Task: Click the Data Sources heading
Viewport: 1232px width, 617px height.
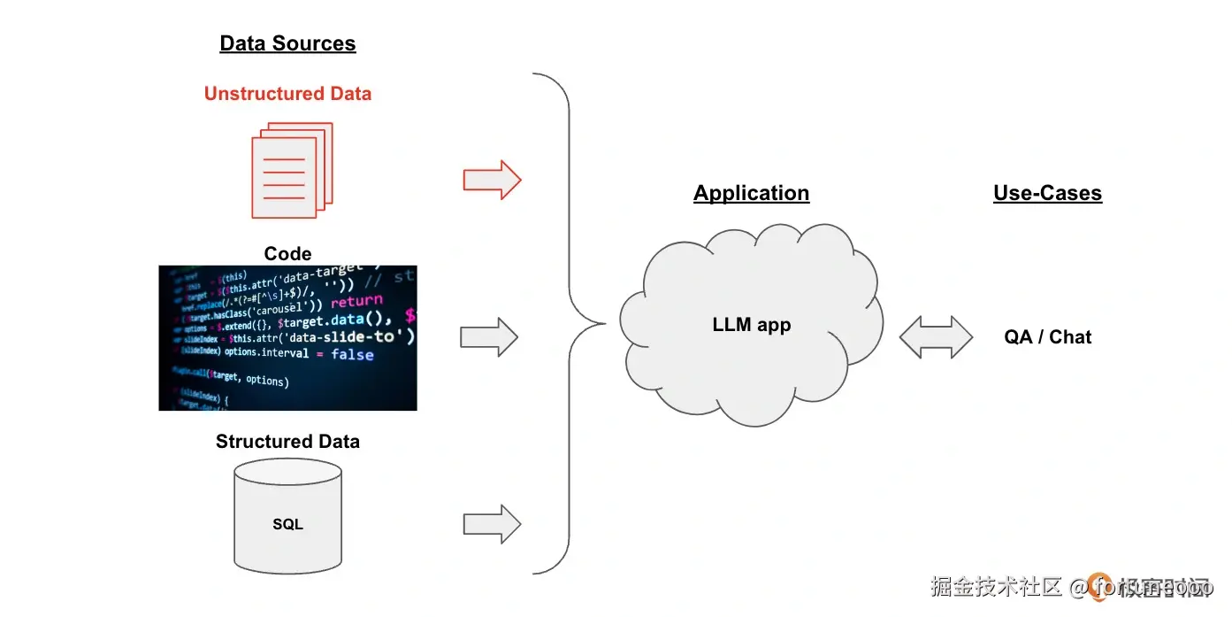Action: pos(287,43)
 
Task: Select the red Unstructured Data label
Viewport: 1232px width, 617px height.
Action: pos(287,94)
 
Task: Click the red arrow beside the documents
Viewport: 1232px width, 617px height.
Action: pos(492,181)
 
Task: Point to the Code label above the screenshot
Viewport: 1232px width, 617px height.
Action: pos(287,254)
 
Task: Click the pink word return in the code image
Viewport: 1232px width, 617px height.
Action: pos(356,302)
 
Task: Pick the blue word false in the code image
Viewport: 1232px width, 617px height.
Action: pos(352,354)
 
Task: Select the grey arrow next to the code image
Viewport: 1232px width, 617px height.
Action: pos(489,337)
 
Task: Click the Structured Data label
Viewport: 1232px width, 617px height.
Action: pos(287,441)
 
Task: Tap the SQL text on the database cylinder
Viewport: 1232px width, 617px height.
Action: pos(287,524)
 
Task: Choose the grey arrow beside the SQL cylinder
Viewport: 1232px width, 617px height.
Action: pos(492,524)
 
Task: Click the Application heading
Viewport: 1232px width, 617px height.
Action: pos(751,193)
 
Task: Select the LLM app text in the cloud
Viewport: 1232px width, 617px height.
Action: pos(751,325)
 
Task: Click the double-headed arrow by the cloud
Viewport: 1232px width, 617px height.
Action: pos(936,337)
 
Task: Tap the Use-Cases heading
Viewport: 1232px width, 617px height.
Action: pos(1047,193)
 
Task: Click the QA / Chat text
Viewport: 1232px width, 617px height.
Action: pos(1047,337)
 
